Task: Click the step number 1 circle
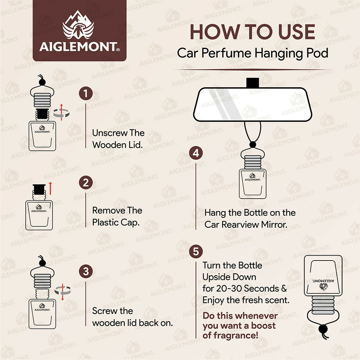point(86,94)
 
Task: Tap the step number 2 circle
point(86,183)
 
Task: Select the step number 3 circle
point(86,271)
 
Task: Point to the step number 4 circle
point(196,153)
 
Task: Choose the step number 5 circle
point(196,252)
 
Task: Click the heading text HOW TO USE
point(252,32)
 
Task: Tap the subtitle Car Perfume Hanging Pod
point(252,53)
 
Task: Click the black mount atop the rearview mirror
point(252,82)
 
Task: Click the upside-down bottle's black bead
point(322,329)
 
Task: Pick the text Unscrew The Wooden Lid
point(118,139)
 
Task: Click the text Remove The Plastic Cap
point(117,216)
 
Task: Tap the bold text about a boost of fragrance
point(240,326)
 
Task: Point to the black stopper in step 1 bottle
point(42,114)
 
